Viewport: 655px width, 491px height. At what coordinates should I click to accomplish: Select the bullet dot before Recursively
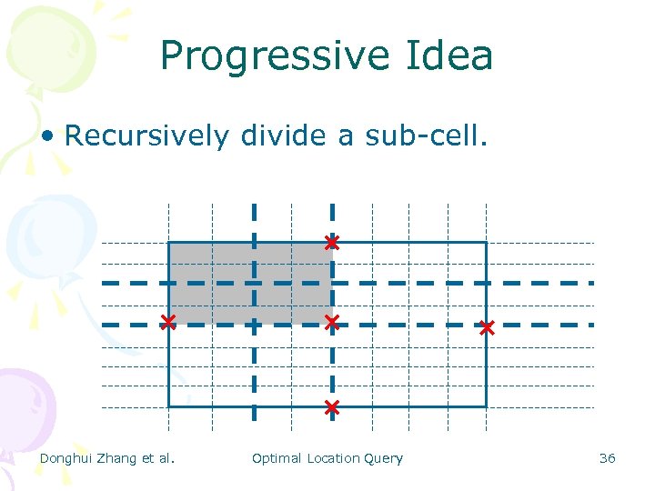[x=50, y=136]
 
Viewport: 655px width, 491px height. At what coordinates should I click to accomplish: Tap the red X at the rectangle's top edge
[x=332, y=243]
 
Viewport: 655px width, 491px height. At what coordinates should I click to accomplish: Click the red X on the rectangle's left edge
[x=168, y=322]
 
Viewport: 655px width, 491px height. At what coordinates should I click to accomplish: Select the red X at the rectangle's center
[x=332, y=322]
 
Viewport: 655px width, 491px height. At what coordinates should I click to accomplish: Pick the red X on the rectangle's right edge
[x=487, y=327]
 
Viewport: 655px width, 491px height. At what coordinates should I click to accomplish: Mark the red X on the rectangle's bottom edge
[x=332, y=407]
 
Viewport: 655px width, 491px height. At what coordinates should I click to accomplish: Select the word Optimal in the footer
[x=277, y=458]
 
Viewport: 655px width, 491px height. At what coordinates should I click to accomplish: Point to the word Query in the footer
[x=383, y=458]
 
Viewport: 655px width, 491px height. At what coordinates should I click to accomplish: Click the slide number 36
[x=607, y=458]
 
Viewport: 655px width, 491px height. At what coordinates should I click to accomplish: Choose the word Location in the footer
[x=333, y=458]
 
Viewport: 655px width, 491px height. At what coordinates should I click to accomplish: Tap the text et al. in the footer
[x=158, y=458]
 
